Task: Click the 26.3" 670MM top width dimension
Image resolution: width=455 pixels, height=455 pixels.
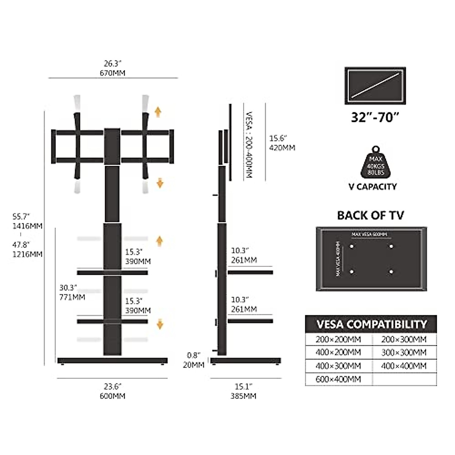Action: (114, 68)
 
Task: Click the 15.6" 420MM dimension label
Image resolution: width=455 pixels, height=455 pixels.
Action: (282, 143)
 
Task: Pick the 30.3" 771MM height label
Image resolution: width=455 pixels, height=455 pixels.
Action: (72, 292)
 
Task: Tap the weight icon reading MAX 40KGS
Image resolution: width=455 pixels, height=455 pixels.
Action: (375, 163)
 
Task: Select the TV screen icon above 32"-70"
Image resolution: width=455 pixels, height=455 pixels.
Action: (375, 86)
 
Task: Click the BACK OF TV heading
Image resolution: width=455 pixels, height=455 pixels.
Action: (370, 215)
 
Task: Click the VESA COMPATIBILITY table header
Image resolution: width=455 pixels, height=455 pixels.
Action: (371, 325)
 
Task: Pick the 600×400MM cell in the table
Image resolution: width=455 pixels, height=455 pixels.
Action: (338, 379)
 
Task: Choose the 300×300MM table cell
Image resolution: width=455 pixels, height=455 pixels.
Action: (404, 353)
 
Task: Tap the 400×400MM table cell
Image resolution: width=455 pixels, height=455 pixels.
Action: (404, 366)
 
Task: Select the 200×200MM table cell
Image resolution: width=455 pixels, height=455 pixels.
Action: (338, 339)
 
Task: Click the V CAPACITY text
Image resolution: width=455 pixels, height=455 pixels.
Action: (373, 187)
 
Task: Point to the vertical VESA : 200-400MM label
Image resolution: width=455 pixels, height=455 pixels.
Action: (249, 145)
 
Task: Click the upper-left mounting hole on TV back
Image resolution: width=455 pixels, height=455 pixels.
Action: (351, 246)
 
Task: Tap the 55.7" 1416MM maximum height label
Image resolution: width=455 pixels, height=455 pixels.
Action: (27, 221)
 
